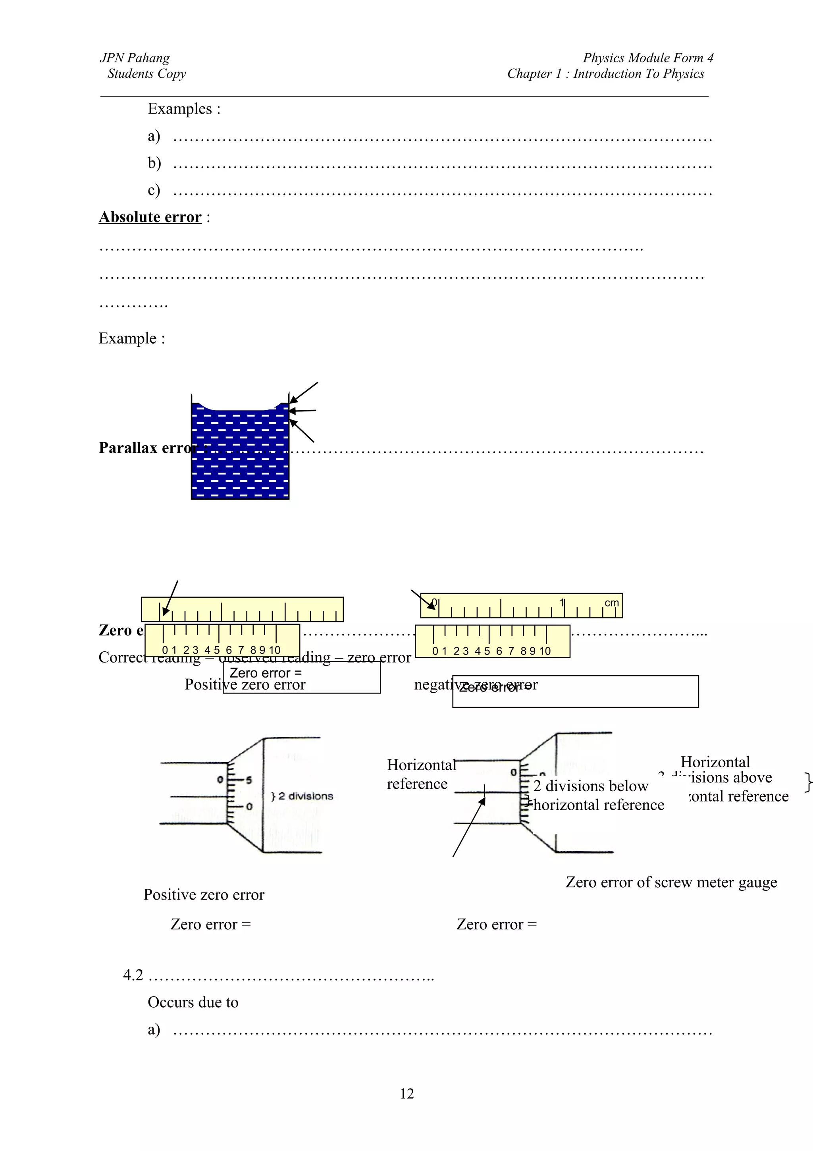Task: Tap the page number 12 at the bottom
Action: [x=407, y=1093]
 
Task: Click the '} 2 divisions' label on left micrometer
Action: [x=302, y=796]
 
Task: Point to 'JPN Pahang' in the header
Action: [x=135, y=58]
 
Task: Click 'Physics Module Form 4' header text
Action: [x=648, y=58]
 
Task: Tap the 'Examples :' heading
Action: [x=184, y=109]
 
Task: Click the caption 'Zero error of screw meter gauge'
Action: [x=671, y=882]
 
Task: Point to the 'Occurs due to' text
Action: [x=193, y=1002]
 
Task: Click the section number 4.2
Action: [x=133, y=975]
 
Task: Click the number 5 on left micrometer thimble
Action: [x=249, y=780]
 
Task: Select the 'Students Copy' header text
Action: [x=146, y=74]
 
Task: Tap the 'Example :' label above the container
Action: [x=132, y=338]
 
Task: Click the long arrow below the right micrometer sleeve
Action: [x=468, y=827]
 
